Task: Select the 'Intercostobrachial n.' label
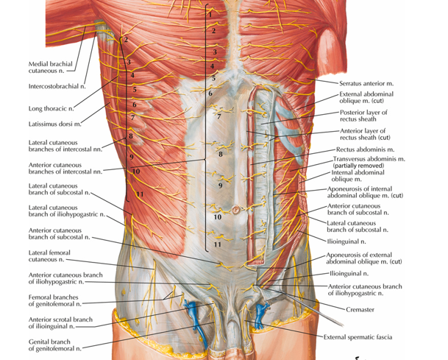tap(54, 87)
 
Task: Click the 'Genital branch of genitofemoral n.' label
tap(55, 344)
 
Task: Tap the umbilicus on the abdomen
tap(237, 210)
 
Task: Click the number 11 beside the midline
tap(217, 244)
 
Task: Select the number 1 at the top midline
tap(210, 13)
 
